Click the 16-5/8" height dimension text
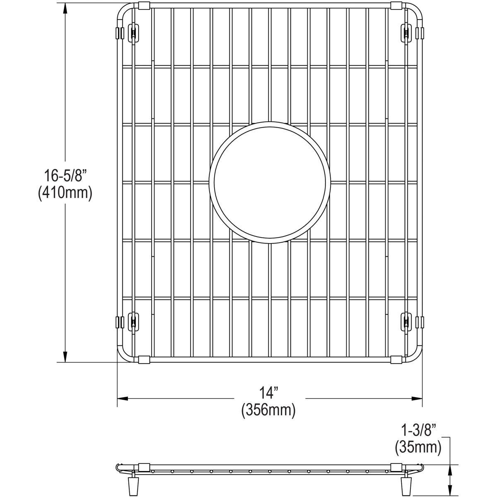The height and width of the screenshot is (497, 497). click(65, 176)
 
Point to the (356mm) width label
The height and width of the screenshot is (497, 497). click(268, 410)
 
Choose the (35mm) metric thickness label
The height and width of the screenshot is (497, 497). click(418, 447)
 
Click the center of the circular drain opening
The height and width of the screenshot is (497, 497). click(270, 182)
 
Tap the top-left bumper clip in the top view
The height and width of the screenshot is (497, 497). click(133, 33)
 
